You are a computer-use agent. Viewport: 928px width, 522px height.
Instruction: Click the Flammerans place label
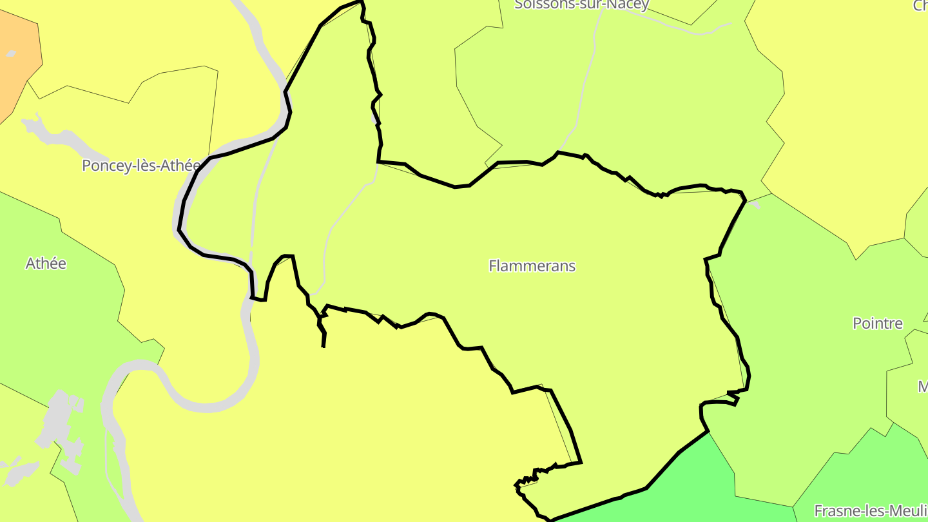(532, 266)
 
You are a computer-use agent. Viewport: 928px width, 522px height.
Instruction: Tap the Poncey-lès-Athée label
(141, 166)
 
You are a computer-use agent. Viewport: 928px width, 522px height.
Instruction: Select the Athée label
(46, 263)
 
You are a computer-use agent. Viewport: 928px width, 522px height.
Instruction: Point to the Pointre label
(878, 323)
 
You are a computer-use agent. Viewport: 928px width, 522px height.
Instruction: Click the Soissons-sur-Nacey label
(581, 5)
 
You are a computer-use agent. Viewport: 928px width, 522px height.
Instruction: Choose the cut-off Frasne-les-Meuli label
(870, 510)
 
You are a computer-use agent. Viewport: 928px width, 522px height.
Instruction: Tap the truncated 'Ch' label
(920, 6)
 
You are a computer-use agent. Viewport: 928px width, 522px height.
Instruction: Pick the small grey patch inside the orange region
(10, 54)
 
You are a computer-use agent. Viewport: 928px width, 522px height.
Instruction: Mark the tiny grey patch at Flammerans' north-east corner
(754, 205)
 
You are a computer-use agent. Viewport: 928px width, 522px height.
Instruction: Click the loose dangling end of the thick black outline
(323, 345)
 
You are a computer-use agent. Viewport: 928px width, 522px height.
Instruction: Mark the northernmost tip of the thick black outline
(362, 2)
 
